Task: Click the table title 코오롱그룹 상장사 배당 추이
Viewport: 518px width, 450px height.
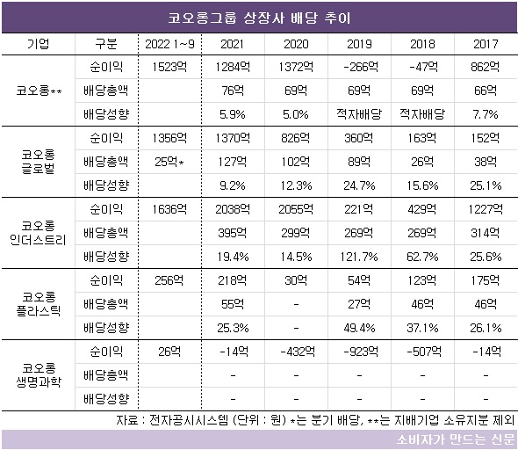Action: (x=259, y=18)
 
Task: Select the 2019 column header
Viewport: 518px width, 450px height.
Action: (x=359, y=44)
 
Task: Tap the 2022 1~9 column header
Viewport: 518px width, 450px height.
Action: (x=169, y=44)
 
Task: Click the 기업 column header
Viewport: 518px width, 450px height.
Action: (x=39, y=44)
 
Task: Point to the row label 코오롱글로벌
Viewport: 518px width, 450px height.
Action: (x=39, y=162)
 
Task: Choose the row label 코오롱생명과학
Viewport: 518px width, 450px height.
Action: (x=39, y=375)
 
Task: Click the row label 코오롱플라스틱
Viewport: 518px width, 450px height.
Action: (x=39, y=304)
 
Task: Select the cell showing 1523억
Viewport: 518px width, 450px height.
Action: (x=169, y=67)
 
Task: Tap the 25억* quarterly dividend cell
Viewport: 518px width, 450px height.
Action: (x=169, y=162)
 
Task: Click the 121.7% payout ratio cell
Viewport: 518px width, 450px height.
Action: (x=359, y=257)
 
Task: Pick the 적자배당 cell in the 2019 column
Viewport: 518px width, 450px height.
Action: (x=359, y=114)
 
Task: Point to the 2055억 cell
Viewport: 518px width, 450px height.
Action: (x=296, y=209)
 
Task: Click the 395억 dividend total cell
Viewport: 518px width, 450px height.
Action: (x=233, y=233)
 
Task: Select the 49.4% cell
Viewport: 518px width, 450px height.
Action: (x=359, y=328)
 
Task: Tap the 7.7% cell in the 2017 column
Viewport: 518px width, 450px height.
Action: (x=486, y=114)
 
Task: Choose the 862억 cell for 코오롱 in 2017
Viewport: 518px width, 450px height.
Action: (x=486, y=67)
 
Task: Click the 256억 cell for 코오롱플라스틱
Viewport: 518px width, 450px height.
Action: (x=169, y=280)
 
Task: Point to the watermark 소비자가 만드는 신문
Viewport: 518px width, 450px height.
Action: (x=456, y=439)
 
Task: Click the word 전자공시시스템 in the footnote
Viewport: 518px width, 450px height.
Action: (x=189, y=420)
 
